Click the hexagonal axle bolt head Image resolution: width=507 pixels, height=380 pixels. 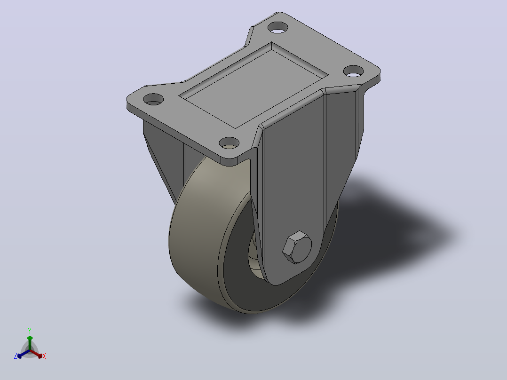click(297, 247)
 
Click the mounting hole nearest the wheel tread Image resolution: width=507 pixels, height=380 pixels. click(229, 142)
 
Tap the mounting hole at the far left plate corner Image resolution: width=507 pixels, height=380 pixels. click(153, 99)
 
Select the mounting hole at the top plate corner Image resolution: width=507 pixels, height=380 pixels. click(278, 27)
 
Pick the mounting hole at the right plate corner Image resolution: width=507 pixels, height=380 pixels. click(353, 71)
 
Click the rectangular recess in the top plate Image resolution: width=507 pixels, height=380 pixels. click(253, 85)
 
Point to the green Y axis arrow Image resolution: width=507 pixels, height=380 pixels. click(30, 343)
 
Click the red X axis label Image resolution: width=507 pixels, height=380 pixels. click(44, 356)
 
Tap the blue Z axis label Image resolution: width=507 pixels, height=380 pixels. click(15, 356)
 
